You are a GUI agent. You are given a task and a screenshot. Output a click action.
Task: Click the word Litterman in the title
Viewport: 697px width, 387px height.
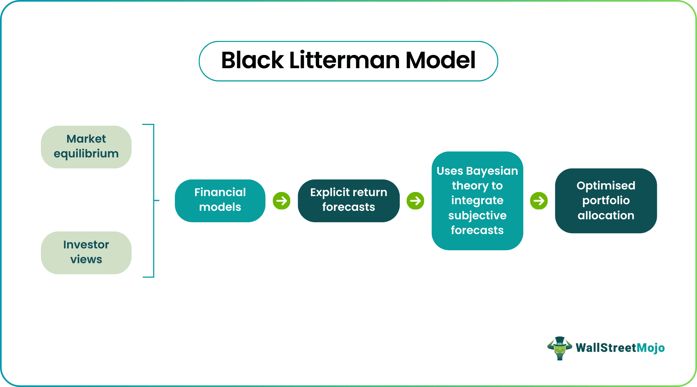pos(344,60)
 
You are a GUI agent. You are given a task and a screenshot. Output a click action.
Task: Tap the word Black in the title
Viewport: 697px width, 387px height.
pos(252,60)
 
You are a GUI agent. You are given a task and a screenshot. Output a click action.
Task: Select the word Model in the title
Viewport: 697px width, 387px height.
pos(440,60)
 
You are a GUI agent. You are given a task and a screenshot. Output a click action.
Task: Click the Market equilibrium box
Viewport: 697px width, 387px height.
pos(86,147)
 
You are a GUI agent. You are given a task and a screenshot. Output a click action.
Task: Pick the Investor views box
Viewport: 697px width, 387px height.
pos(86,252)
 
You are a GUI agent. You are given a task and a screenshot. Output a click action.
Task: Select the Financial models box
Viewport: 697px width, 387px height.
pos(220,201)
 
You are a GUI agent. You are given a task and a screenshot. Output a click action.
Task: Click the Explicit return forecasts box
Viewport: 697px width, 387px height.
pos(348,201)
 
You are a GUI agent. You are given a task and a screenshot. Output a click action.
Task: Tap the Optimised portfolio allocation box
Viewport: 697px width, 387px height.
pos(606,201)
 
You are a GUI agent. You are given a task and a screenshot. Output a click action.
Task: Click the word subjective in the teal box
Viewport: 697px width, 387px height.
pos(477,215)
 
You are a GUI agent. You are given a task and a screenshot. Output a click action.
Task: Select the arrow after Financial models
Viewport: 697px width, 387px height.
pos(281,201)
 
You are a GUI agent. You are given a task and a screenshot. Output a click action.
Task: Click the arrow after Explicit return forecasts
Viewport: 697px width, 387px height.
pos(415,201)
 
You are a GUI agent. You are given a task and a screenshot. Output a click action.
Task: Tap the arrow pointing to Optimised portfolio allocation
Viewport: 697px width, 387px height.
pos(539,201)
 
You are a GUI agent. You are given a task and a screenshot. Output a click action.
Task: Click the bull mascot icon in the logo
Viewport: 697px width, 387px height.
pos(559,348)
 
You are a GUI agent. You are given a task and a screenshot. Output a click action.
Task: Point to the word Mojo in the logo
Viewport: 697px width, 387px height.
pos(651,348)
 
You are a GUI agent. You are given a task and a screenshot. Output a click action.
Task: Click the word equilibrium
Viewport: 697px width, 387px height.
pos(86,154)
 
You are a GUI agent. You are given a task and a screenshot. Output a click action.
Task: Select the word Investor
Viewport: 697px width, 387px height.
pos(86,245)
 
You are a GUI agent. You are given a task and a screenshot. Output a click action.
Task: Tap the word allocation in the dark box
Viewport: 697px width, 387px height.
pos(606,216)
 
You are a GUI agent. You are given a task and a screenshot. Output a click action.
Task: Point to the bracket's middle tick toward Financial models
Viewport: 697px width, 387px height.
pos(157,201)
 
